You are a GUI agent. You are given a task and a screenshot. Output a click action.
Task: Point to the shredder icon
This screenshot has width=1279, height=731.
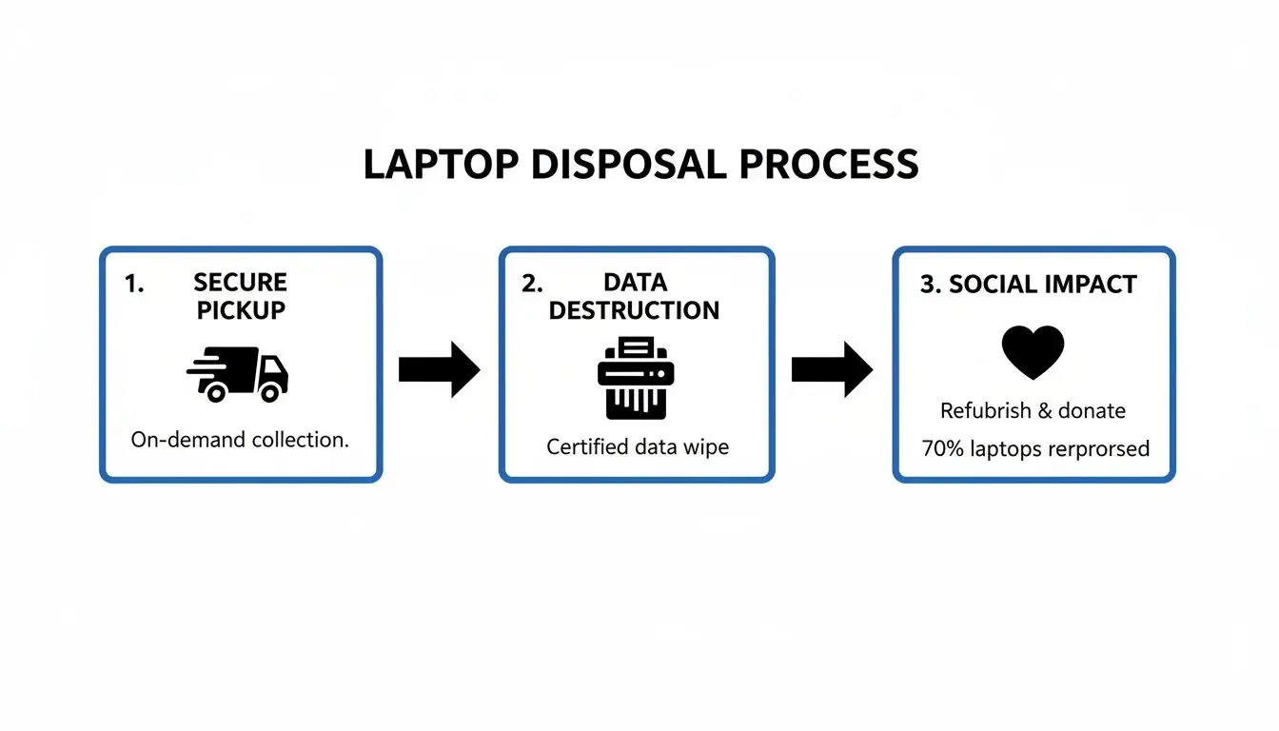coord(636,378)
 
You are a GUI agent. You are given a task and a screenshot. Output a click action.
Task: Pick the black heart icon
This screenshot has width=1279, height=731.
coord(1033,351)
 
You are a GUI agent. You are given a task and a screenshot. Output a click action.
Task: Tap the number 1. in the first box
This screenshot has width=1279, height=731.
coord(134,284)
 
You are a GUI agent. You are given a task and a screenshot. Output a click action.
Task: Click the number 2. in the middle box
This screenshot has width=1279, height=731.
coord(531,284)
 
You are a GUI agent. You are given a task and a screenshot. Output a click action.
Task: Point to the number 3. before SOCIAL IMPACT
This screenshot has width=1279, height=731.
coord(930,285)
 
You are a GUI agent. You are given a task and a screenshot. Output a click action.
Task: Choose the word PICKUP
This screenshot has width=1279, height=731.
coord(240,310)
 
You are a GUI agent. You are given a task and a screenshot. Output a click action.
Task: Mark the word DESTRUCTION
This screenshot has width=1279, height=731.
coord(635,310)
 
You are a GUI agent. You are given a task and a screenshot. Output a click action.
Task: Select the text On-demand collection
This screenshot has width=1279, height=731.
coord(240,440)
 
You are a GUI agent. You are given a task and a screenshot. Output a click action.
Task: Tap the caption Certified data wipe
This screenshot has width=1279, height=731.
coord(638,446)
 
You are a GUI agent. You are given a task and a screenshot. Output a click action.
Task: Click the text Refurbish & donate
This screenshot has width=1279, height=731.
coord(1033,411)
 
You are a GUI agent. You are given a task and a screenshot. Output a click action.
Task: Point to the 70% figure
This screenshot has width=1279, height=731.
coord(943,447)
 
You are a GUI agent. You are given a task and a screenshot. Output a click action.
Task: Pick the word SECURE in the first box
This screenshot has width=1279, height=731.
coord(240,283)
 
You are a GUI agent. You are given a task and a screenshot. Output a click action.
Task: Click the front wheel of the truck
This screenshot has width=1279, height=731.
coord(271,390)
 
